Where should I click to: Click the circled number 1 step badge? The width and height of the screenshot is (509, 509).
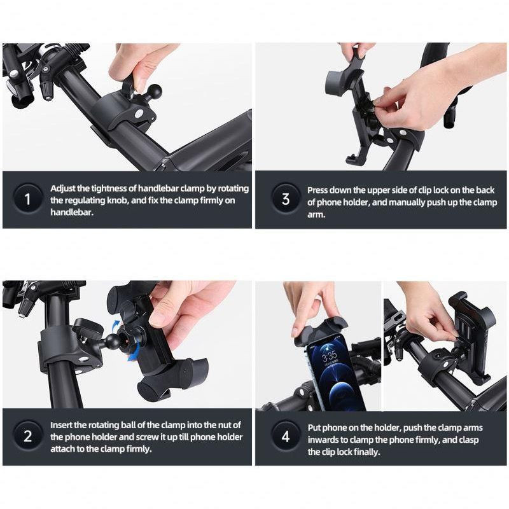coord(27,200)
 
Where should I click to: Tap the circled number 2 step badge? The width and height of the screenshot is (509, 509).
coord(27,436)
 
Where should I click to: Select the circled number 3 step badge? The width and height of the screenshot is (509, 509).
coord(285,200)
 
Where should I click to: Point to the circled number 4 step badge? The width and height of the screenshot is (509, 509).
coord(285,436)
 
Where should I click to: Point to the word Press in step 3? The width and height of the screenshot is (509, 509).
coord(319,190)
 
